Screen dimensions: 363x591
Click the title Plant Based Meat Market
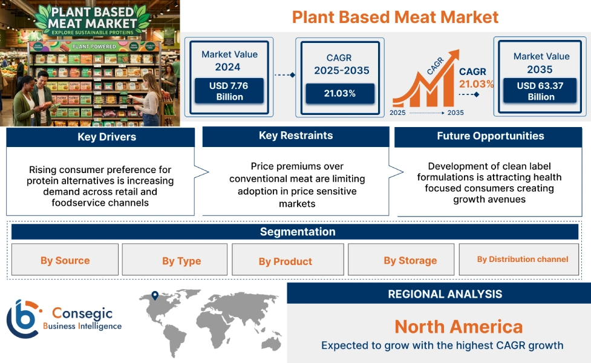[x=395, y=16]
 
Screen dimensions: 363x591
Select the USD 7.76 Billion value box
[x=229, y=91]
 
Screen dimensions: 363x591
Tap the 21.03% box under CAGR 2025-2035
[x=339, y=93]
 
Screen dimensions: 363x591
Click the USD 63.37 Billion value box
[x=540, y=91]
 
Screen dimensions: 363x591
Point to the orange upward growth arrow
[x=426, y=82]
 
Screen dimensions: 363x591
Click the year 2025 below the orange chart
[x=397, y=113]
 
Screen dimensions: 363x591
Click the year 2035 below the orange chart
[x=455, y=113]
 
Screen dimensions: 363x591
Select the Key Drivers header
[x=100, y=137]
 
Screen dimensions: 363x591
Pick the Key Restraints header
[x=295, y=136]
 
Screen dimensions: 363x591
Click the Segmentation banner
[x=297, y=232]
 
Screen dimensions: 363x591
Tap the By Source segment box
[x=65, y=260]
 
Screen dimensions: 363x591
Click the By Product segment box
[x=285, y=261]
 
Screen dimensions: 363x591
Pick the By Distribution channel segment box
[x=522, y=260]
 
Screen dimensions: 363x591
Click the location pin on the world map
[x=155, y=296]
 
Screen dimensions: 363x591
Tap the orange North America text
[x=458, y=327]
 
